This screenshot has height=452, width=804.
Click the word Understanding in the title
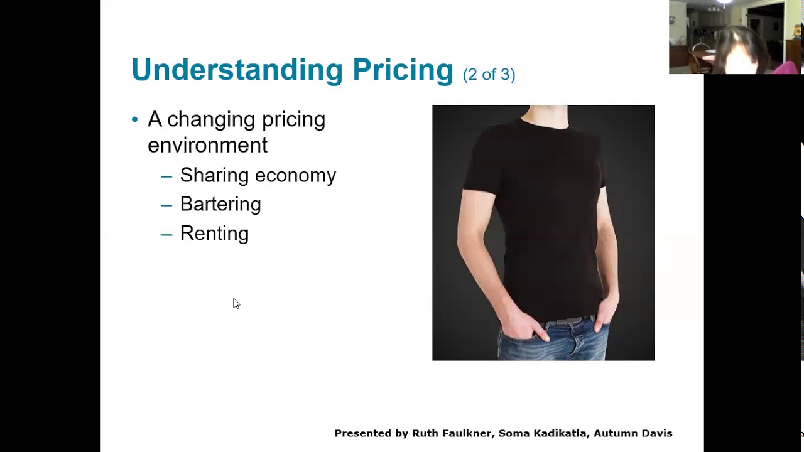click(x=237, y=70)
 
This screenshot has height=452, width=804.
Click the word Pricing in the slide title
click(x=403, y=70)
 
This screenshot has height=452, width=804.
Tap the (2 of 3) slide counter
click(x=489, y=75)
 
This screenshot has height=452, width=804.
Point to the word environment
click(x=207, y=145)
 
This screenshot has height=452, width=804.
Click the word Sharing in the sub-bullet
click(x=212, y=175)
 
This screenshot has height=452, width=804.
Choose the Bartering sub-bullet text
click(x=220, y=204)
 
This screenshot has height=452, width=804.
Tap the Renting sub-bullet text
click(x=214, y=234)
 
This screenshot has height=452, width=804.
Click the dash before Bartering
click(x=166, y=205)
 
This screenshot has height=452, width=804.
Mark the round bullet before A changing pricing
click(x=135, y=119)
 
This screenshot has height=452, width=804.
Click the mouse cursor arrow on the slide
click(x=236, y=304)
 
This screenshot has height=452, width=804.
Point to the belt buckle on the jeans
click(x=568, y=321)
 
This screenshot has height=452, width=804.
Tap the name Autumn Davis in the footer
click(x=633, y=433)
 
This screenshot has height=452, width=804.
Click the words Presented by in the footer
click(x=371, y=433)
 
